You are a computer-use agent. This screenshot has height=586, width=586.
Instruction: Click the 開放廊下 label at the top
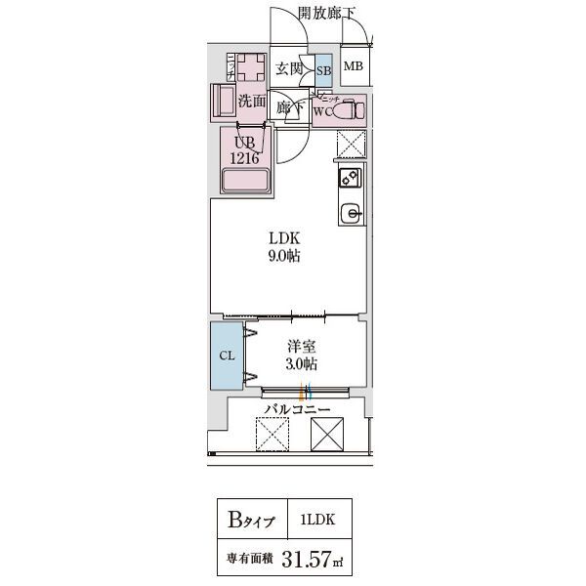327,12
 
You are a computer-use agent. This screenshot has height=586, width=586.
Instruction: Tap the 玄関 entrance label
288,68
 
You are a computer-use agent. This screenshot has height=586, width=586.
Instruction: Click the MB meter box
353,67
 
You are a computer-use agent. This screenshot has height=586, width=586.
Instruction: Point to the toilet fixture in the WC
349,110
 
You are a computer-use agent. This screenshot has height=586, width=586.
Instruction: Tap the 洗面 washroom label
252,100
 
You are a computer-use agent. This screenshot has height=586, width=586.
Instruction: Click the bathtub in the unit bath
246,181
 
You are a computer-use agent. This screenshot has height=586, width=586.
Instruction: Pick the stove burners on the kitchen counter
350,177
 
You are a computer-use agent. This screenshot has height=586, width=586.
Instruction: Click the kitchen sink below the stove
350,211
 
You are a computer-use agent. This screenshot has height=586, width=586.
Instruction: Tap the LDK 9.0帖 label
285,247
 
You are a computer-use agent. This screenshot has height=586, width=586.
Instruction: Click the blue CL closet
226,356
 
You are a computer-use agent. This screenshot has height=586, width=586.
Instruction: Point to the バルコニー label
297,410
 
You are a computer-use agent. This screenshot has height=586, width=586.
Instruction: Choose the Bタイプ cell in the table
252,519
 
